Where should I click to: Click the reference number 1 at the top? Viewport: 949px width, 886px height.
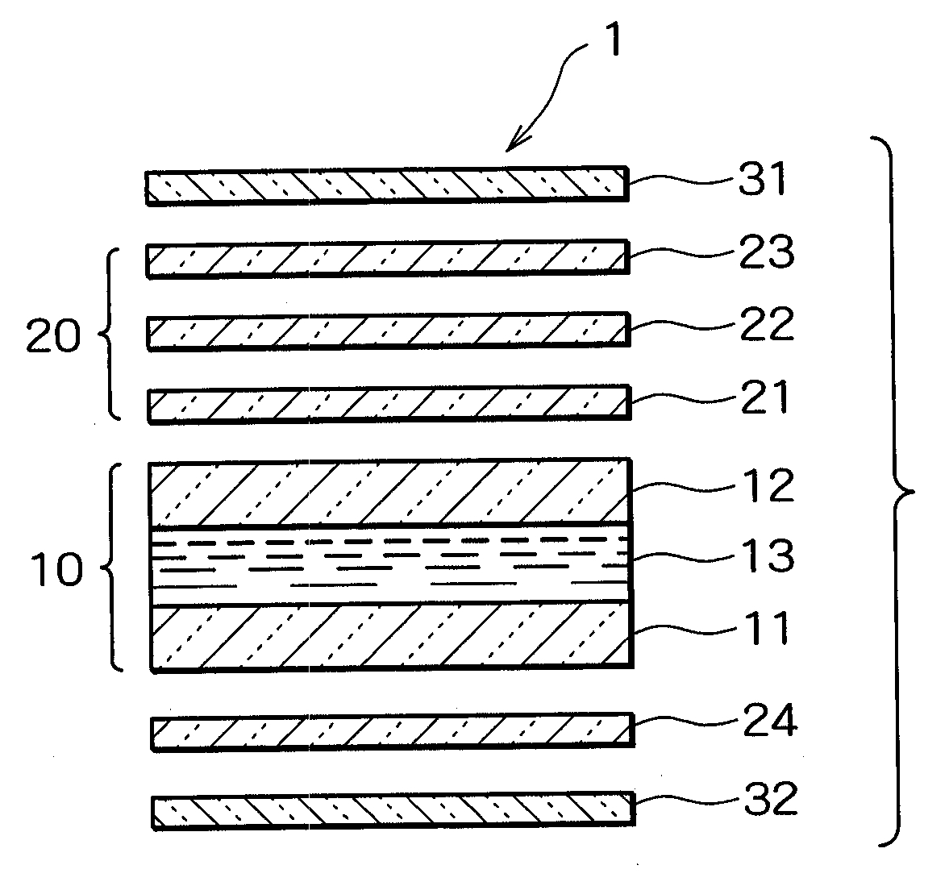tap(614, 40)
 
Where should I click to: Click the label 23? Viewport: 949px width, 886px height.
tap(764, 252)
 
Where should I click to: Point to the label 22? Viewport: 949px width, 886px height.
tap(764, 325)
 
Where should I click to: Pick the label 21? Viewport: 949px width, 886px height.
tap(762, 397)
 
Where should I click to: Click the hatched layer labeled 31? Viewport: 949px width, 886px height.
tap(385, 186)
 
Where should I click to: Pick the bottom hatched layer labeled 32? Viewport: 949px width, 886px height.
tap(392, 811)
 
